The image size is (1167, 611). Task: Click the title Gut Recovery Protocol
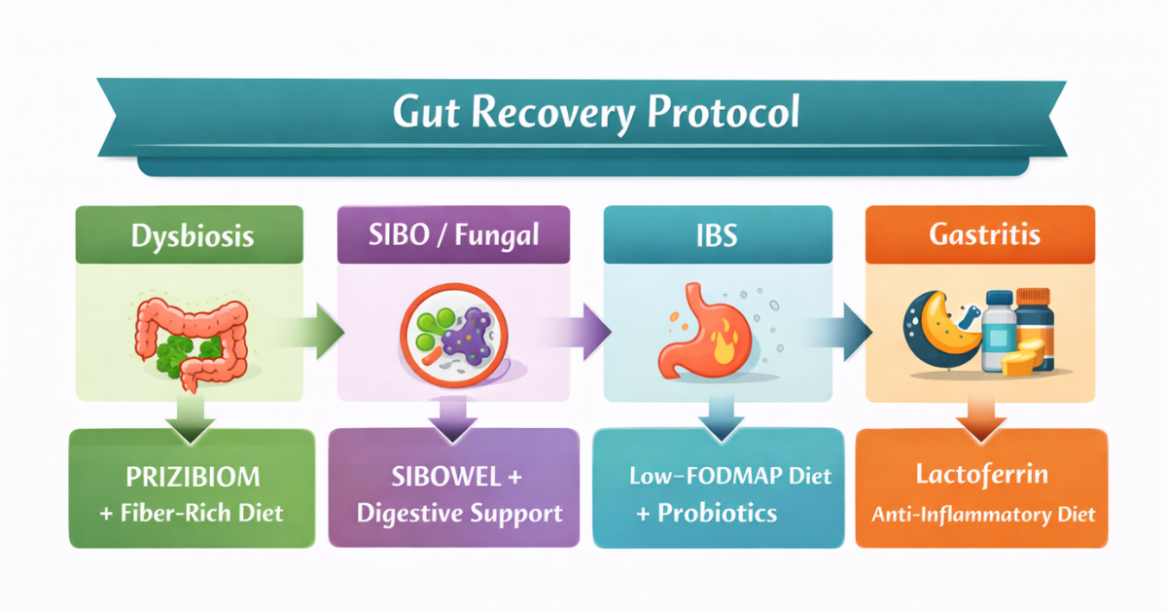click(595, 113)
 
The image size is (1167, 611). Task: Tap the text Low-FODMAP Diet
click(728, 477)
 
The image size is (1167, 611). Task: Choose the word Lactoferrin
click(981, 476)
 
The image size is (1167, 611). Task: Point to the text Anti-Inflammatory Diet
click(982, 513)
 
